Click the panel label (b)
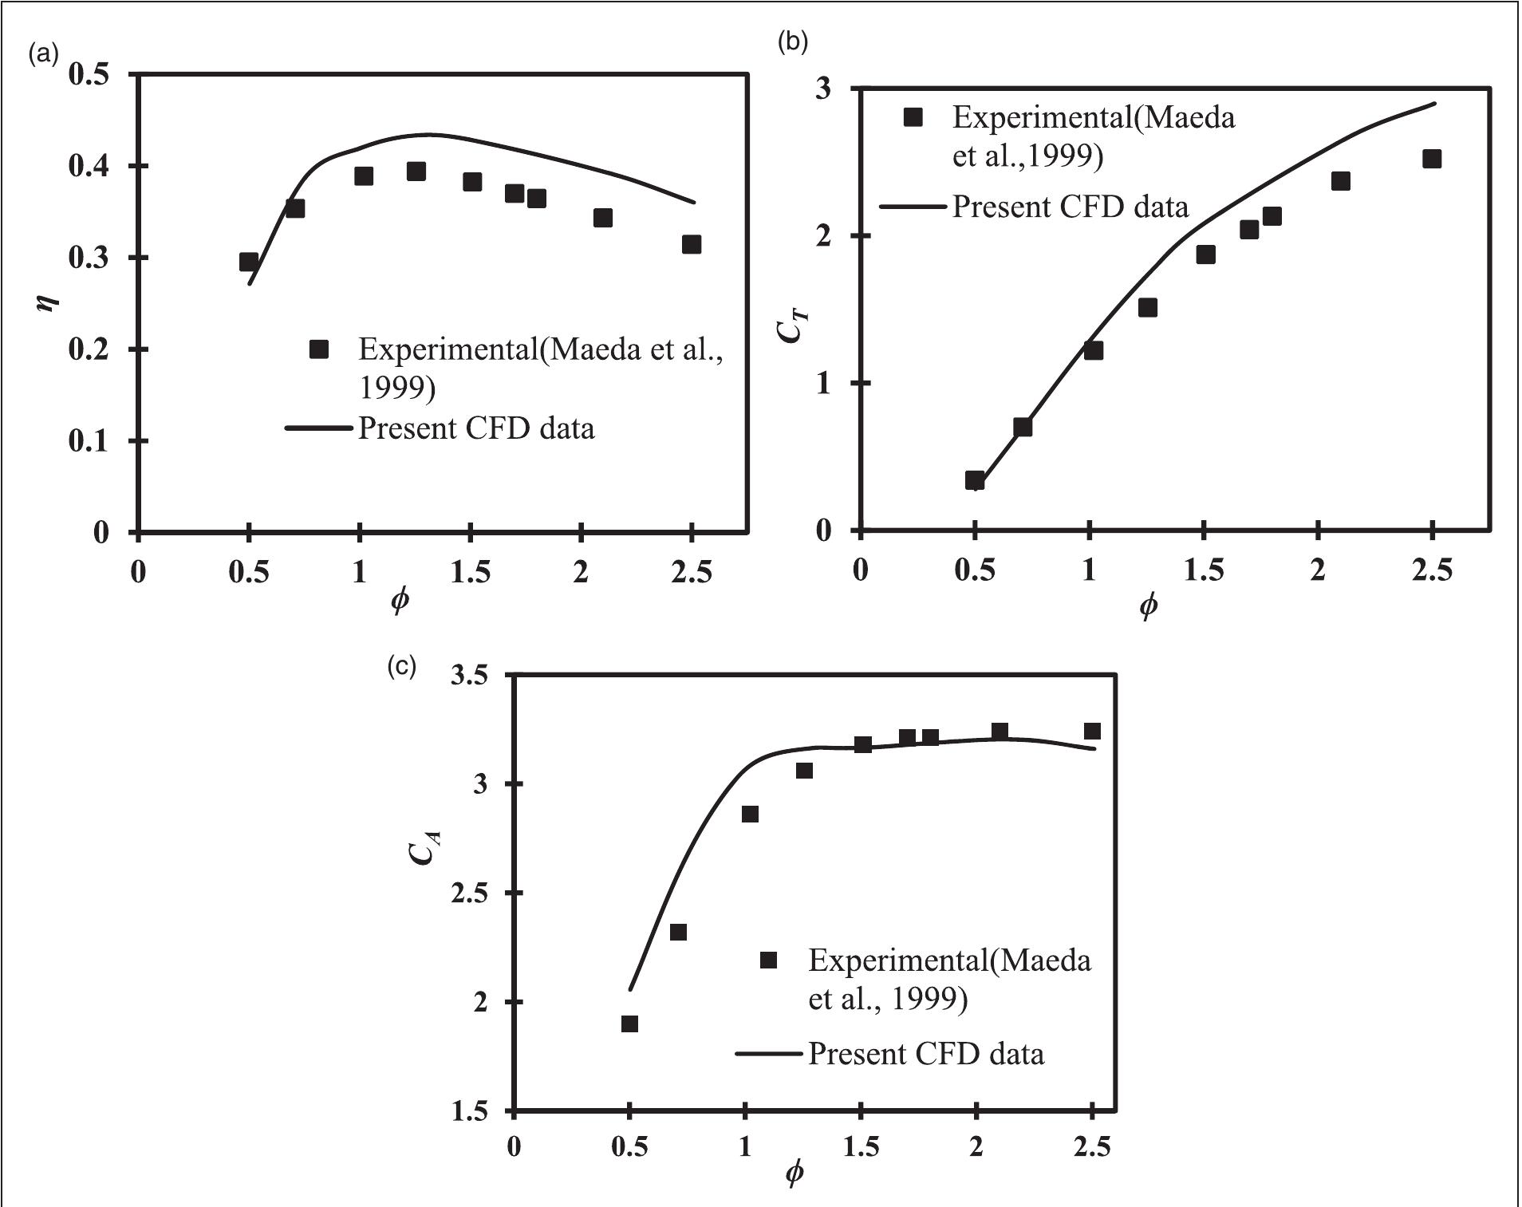tap(792, 41)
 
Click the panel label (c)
tap(401, 666)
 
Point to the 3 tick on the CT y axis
tap(822, 89)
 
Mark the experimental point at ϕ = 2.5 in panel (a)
tap(692, 244)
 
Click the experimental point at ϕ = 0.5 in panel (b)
tap(975, 480)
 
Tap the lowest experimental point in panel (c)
tap(629, 1024)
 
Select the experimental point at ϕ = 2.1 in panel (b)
tap(1341, 181)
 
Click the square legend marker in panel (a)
tap(319, 349)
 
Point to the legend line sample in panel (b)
tap(913, 207)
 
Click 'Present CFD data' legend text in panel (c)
tap(926, 1054)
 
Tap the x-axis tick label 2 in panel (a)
tap(582, 572)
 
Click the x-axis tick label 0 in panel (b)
tap(860, 570)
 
